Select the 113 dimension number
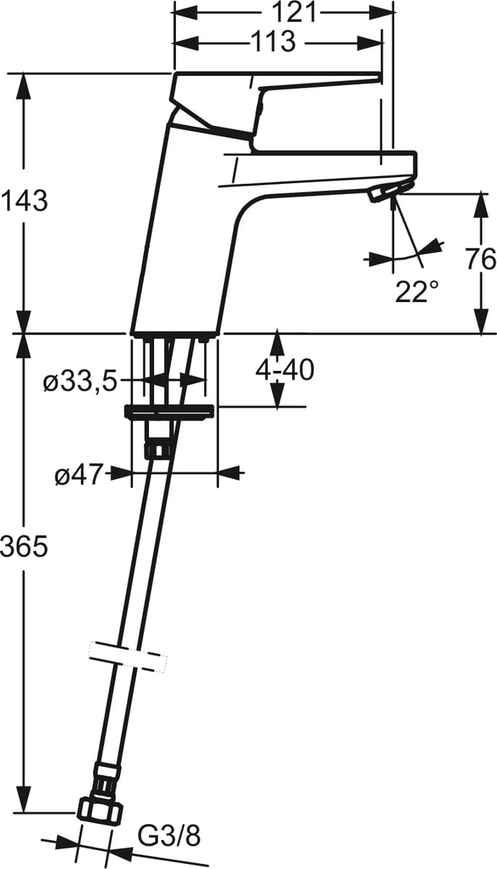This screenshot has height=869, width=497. pyautogui.click(x=273, y=41)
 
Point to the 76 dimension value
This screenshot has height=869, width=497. pyautogui.click(x=480, y=259)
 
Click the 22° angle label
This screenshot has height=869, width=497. pyautogui.click(x=417, y=291)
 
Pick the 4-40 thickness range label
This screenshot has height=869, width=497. pyautogui.click(x=284, y=370)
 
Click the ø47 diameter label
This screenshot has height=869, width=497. pyautogui.click(x=80, y=475)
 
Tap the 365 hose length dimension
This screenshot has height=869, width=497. pyautogui.click(x=24, y=547)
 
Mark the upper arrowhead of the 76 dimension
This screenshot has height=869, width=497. pyautogui.click(x=480, y=203)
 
